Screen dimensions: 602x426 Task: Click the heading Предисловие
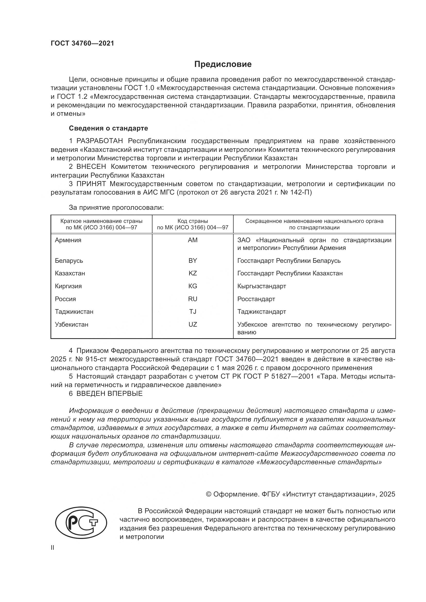pos(223,64)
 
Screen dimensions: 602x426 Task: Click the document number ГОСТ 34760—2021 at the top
pos(82,43)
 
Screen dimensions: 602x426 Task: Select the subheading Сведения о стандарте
pos(108,128)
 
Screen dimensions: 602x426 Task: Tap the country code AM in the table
pos(193,240)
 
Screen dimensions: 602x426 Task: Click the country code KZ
pos(193,273)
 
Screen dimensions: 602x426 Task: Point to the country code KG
pos(193,286)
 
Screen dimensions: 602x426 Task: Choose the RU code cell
pos(193,299)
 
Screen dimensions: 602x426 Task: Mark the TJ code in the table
pos(193,311)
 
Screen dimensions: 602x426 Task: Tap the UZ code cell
pos(193,324)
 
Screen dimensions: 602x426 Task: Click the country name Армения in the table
pos(68,240)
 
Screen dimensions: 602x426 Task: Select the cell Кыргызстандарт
pos(261,286)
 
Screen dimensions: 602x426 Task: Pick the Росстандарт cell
pos(256,299)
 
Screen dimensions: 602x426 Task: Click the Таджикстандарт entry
pos(261,311)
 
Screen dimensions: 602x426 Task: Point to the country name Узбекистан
pos(71,324)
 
